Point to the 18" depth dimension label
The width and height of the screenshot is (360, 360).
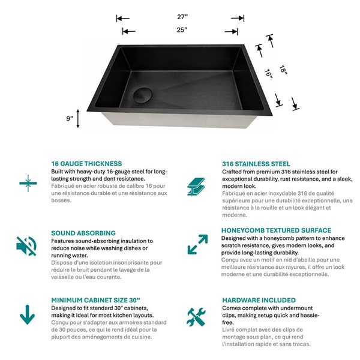pyautogui.click(x=283, y=71)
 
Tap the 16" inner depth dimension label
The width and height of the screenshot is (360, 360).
pyautogui.click(x=268, y=74)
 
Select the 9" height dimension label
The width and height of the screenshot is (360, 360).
pyautogui.click(x=70, y=118)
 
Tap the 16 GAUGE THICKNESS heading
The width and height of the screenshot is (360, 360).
pyautogui.click(x=86, y=163)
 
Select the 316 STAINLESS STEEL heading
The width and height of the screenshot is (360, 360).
pyautogui.click(x=256, y=163)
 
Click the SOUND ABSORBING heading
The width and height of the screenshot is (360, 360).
pyautogui.click(x=83, y=233)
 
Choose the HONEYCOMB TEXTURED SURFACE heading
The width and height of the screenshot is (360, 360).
pyautogui.click(x=276, y=230)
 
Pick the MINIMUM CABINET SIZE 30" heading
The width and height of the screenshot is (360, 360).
pyautogui.click(x=95, y=300)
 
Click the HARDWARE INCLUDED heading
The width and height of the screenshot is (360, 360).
pyautogui.click(x=259, y=300)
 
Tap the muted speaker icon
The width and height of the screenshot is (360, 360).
pyautogui.click(x=26, y=245)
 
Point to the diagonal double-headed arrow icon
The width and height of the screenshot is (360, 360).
pyautogui.click(x=197, y=245)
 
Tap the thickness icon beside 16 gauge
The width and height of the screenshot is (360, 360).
pyautogui.click(x=26, y=182)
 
